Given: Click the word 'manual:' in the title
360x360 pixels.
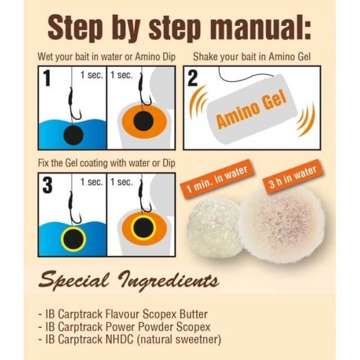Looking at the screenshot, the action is [x=259, y=29].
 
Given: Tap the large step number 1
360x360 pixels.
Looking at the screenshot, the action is [x=47, y=78].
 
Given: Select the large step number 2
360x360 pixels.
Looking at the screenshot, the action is [x=192, y=78].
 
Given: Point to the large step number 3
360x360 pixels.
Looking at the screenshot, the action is [x=47, y=185].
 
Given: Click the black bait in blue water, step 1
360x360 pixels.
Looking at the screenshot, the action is [x=73, y=136].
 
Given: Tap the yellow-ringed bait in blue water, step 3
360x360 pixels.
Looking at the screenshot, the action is [x=73, y=239].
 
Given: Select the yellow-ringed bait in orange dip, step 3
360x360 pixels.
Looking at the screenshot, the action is [x=143, y=227].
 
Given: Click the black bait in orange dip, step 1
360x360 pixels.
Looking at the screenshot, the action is [x=143, y=121].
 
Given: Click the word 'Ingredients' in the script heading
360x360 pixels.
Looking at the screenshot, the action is [x=168, y=281].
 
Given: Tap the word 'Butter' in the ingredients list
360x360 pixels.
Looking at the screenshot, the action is [x=193, y=314].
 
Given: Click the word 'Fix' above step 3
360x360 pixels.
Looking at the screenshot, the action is [x=43, y=163].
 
